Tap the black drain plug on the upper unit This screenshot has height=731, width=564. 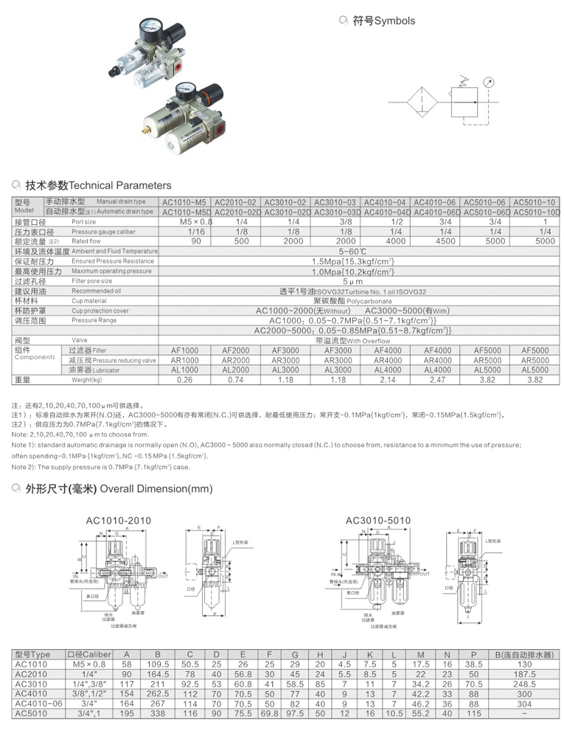[116, 75]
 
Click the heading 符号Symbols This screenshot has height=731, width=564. [383, 21]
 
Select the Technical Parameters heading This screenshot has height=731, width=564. [98, 185]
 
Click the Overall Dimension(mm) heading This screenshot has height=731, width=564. [119, 488]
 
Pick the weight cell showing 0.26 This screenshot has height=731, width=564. [184, 380]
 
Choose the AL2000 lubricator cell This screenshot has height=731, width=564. [236, 370]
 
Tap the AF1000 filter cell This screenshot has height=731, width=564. [184, 350]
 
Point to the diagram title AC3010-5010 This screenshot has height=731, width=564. [377, 521]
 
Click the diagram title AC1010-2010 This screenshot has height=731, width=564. [118, 521]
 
